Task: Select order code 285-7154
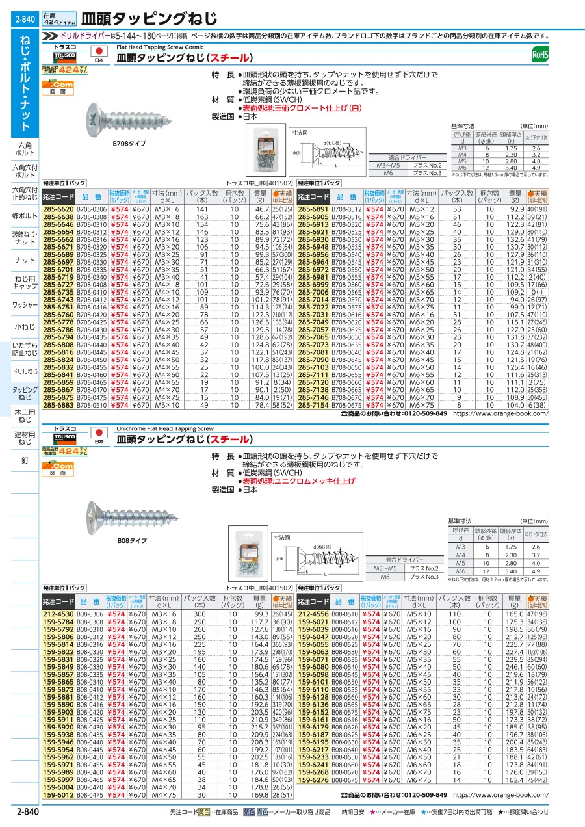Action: point(313,404)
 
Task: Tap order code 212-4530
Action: point(58,614)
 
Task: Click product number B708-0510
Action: point(91,404)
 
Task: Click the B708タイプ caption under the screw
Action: point(129,143)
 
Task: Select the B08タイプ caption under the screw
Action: point(132,540)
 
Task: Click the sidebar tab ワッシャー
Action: point(25,304)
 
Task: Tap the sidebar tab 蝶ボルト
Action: point(25,216)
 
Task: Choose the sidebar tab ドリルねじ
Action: point(25,371)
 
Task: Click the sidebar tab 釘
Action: point(25,460)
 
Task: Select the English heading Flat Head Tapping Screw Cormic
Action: point(160,47)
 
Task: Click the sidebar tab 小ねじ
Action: point(25,328)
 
